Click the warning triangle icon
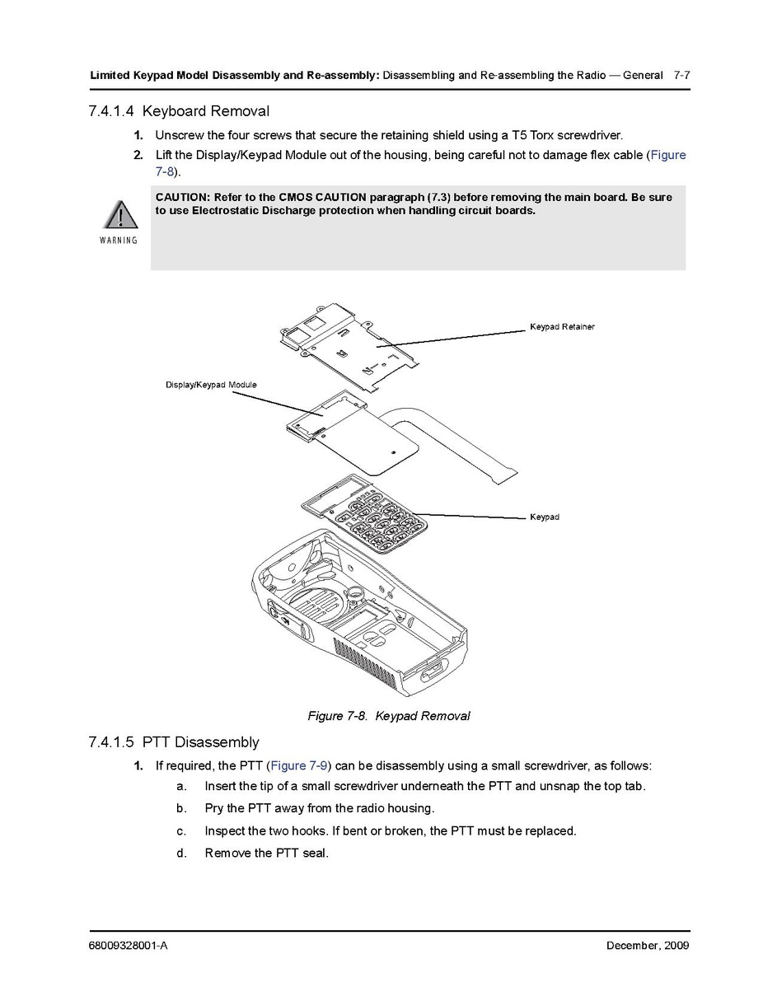pos(120,215)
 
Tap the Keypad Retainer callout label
pos(562,327)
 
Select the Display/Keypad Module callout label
pos(211,385)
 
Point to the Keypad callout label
pos(545,517)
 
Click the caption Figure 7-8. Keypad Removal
pos(389,716)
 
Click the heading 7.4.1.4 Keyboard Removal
pos(179,111)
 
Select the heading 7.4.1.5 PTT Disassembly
pos(174,742)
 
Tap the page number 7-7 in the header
pos(681,76)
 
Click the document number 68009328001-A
pos(129,945)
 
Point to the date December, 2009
pos(648,945)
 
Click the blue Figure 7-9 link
pos(301,766)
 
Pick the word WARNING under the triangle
pos(119,241)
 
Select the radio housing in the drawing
pos(363,626)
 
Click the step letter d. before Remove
pos(181,853)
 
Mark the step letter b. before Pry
pos(181,808)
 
